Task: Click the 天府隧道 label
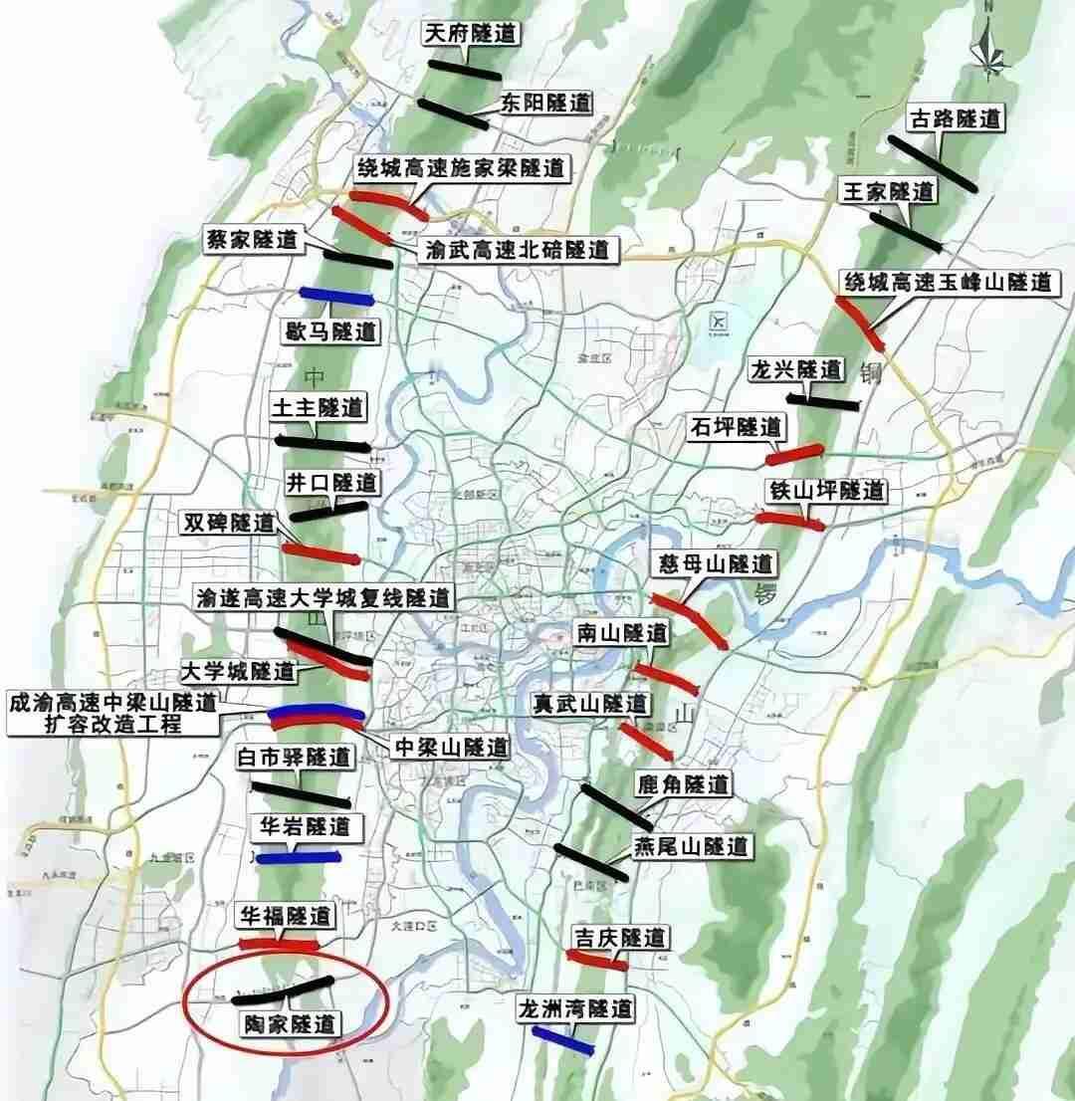point(471,34)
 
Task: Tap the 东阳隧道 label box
point(545,103)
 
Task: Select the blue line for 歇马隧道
point(336,295)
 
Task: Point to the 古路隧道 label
point(956,120)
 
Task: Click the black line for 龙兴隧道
point(822,401)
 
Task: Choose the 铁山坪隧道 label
point(826,491)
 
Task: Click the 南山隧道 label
point(622,633)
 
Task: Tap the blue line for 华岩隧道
point(299,856)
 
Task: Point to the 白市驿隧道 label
point(296,758)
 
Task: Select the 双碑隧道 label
point(226,523)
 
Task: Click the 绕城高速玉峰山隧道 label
point(947,282)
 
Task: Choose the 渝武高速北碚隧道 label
point(516,249)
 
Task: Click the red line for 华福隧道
point(278,943)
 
